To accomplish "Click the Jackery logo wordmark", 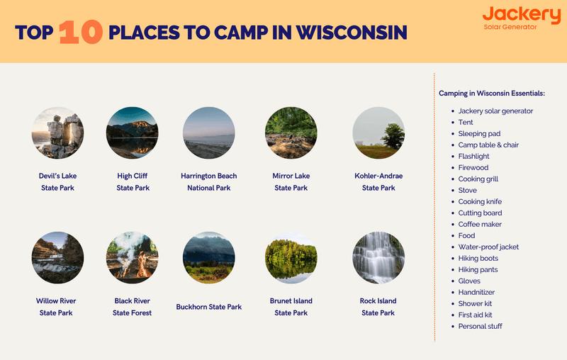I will click(x=521, y=14).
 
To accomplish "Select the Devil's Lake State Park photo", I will click(x=57, y=133).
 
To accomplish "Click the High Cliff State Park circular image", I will click(x=133, y=133).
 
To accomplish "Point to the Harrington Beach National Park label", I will click(x=208, y=181).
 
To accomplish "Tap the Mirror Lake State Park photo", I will click(x=291, y=133).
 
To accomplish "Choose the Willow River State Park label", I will click(x=57, y=307).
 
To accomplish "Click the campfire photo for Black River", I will click(x=133, y=257).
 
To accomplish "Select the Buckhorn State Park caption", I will click(x=208, y=307).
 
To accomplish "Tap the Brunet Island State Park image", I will click(x=291, y=257).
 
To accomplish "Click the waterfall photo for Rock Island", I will click(x=378, y=257).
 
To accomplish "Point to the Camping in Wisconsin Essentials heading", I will click(x=491, y=94).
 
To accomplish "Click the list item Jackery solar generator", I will click(x=495, y=111).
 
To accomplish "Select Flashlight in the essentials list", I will click(x=473, y=157).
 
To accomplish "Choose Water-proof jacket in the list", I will click(x=488, y=247).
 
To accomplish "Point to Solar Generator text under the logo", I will click(x=510, y=27).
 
